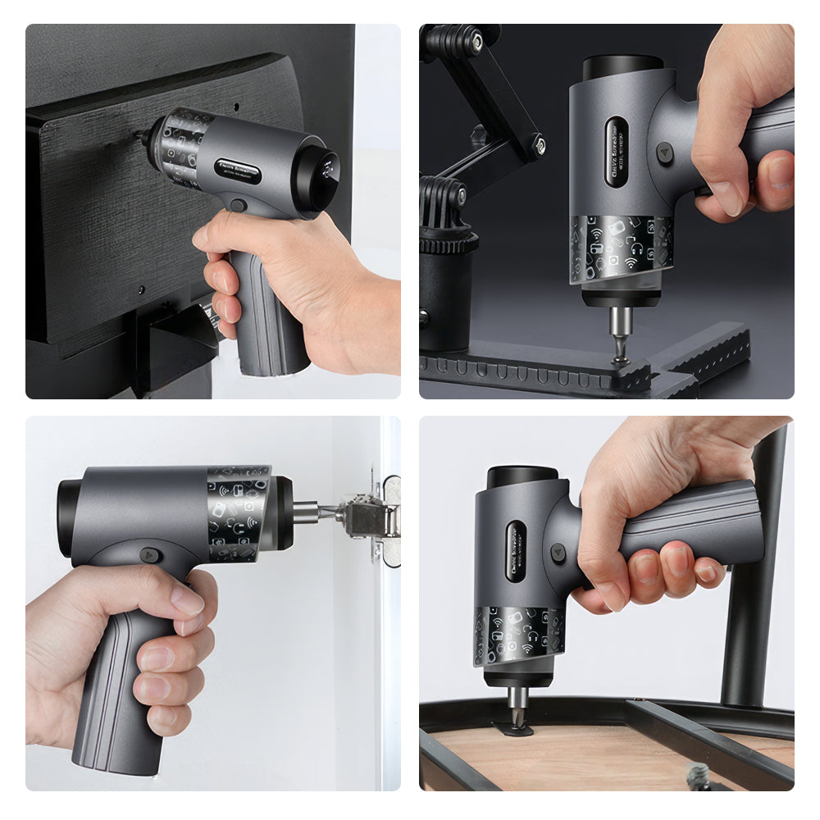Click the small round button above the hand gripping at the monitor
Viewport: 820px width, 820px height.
[237, 205]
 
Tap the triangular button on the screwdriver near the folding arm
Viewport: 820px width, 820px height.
[665, 152]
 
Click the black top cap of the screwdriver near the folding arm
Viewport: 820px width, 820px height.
[622, 66]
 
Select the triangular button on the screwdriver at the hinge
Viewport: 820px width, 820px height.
[148, 554]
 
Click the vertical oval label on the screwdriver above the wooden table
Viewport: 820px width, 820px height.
[516, 550]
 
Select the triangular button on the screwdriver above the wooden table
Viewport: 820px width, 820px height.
[558, 553]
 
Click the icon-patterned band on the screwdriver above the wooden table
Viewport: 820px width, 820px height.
[518, 635]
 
